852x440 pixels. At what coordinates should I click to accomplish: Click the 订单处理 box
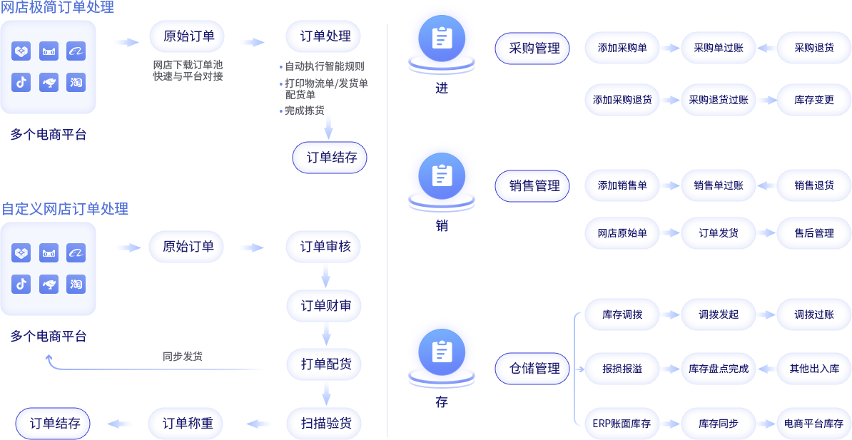click(x=325, y=36)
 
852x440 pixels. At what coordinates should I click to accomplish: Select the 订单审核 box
click(x=325, y=247)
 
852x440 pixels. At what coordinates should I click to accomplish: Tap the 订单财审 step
click(x=325, y=306)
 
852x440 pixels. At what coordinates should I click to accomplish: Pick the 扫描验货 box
click(x=325, y=424)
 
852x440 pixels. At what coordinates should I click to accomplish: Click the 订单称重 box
click(x=188, y=424)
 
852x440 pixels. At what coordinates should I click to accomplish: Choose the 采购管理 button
click(x=534, y=48)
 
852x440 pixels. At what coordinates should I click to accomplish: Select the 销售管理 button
click(x=534, y=185)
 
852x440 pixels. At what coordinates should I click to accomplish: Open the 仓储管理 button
click(x=534, y=368)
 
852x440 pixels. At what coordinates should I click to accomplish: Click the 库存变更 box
click(x=813, y=100)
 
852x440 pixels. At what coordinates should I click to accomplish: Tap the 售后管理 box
click(x=813, y=233)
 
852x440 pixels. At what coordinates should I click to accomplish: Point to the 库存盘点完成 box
click(x=719, y=369)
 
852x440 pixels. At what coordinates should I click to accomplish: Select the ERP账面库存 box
click(x=622, y=424)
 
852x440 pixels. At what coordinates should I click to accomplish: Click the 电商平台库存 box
click(x=813, y=424)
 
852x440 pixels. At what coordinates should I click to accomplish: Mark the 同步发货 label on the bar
click(x=183, y=357)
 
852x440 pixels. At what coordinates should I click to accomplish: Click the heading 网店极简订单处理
click(x=57, y=8)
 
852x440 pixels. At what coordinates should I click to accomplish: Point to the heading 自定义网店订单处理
click(x=64, y=209)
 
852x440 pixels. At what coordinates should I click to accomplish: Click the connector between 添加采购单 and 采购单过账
click(x=671, y=48)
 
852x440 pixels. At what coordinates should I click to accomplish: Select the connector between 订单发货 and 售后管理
click(x=766, y=233)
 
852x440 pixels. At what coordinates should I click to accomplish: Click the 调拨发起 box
click(x=719, y=314)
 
